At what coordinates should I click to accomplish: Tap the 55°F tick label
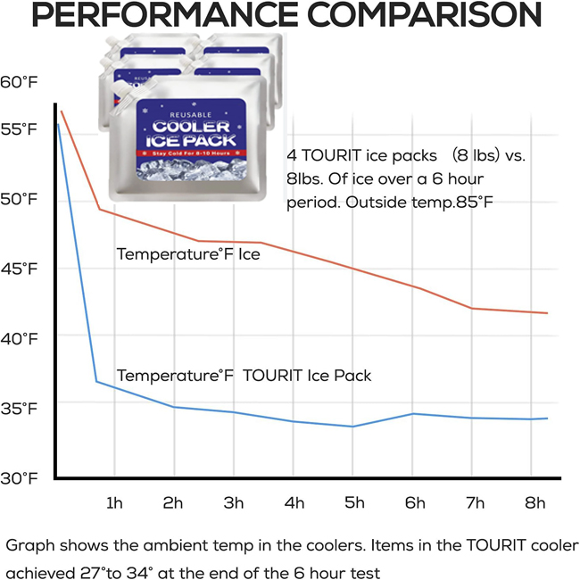[21, 129]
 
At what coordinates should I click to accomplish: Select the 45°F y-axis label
[21, 269]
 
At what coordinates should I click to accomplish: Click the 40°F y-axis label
[21, 338]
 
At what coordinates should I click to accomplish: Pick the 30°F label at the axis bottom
[21, 477]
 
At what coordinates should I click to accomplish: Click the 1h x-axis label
[114, 502]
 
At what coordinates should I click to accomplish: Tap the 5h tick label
[355, 502]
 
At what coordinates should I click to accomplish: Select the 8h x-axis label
[535, 502]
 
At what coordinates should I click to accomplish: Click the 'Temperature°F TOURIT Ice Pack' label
[244, 376]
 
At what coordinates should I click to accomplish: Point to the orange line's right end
[546, 313]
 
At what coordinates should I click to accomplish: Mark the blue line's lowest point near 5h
[352, 427]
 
